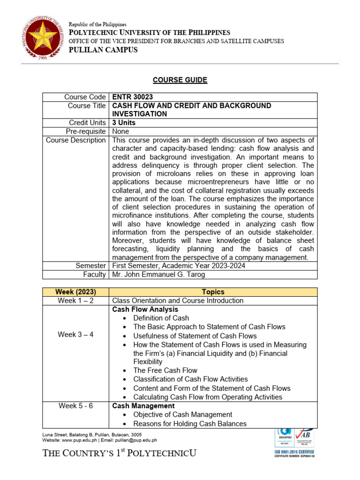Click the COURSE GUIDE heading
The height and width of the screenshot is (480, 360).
click(x=180, y=80)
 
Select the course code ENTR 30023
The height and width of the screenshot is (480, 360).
click(x=130, y=97)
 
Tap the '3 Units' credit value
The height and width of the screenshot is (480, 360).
click(x=124, y=123)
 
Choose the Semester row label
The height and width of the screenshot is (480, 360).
click(x=90, y=266)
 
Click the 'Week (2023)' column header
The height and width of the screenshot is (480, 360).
click(x=75, y=292)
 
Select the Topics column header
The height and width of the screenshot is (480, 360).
click(x=213, y=292)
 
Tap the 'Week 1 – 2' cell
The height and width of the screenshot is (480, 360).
click(x=75, y=301)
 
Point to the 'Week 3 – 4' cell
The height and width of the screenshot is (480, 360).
click(x=75, y=335)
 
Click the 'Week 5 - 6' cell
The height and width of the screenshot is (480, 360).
click(x=75, y=406)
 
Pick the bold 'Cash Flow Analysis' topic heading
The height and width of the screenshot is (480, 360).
click(x=145, y=310)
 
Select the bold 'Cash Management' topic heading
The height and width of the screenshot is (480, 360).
click(x=143, y=406)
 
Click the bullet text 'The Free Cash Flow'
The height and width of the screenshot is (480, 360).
click(x=165, y=370)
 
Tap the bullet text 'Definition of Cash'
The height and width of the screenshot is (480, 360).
click(x=161, y=318)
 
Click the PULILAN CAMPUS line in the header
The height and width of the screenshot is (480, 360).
click(x=103, y=50)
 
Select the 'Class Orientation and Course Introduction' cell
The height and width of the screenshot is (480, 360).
click(x=178, y=301)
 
